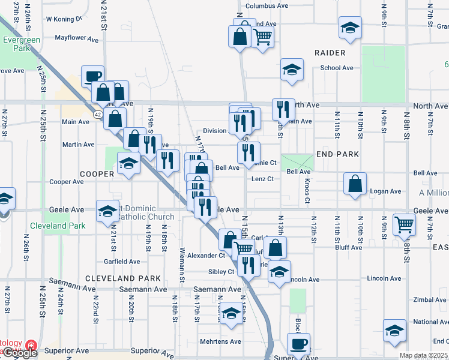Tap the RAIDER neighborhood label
click(x=331, y=53)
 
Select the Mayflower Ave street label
click(x=76, y=38)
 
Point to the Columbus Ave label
click(x=267, y=5)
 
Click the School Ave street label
click(x=337, y=68)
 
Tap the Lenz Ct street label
click(x=262, y=179)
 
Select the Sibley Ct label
click(x=221, y=272)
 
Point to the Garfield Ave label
click(x=122, y=262)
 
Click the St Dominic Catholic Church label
click(x=142, y=212)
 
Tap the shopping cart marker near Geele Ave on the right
click(x=405, y=225)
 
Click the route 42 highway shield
click(x=97, y=113)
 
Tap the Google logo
click(x=19, y=353)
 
